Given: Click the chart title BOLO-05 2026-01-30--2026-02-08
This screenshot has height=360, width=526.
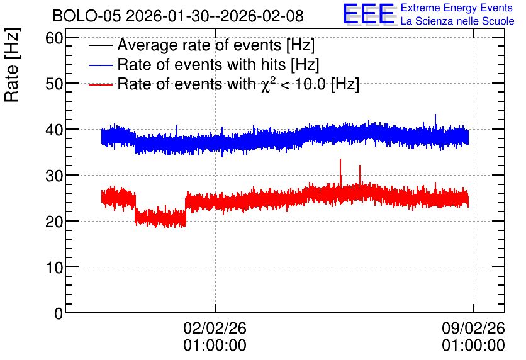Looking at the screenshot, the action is click(178, 16).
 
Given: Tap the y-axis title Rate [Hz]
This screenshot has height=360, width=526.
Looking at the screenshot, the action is click(12, 65).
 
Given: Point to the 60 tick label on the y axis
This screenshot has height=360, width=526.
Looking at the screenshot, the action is click(54, 38).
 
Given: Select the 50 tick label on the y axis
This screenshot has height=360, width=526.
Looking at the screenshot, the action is click(54, 84).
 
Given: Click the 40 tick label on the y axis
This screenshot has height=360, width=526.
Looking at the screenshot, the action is click(54, 130).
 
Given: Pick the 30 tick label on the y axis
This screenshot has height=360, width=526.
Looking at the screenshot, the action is click(54, 176).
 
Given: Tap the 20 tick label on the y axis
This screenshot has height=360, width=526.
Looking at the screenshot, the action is click(54, 222).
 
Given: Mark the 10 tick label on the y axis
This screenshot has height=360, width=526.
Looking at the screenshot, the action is click(54, 267).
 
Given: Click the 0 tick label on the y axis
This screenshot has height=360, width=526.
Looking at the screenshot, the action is click(59, 313).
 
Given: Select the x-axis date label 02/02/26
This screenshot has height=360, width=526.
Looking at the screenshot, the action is click(215, 328).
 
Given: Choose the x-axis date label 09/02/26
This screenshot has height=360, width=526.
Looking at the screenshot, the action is click(473, 328).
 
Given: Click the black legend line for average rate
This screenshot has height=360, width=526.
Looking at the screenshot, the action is click(100, 45).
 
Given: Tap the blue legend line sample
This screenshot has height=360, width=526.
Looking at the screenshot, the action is click(100, 65).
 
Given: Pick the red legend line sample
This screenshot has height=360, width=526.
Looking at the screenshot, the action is click(100, 84).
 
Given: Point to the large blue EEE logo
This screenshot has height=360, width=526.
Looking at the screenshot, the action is click(369, 14).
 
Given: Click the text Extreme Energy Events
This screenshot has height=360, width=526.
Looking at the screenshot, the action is click(457, 8).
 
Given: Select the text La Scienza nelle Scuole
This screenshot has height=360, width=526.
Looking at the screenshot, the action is click(457, 21).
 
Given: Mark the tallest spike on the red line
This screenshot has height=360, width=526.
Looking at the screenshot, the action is click(340, 160).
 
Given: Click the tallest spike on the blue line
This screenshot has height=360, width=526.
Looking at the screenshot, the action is click(435, 115).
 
